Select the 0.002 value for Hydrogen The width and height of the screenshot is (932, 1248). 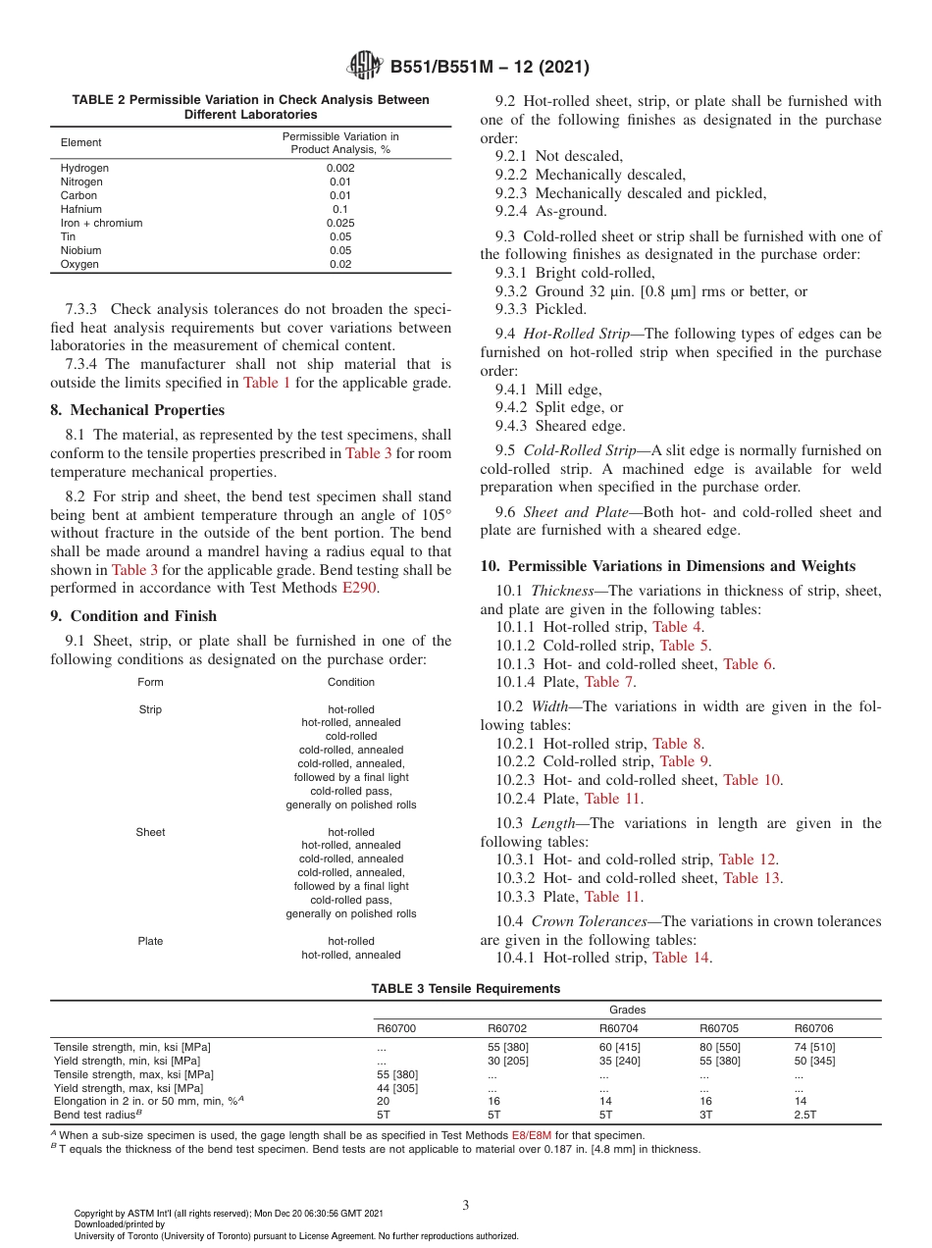[340, 168]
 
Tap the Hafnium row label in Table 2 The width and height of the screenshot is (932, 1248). [78, 209]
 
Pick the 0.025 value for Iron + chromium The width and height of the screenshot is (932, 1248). [340, 223]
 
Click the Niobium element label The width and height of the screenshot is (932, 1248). [80, 250]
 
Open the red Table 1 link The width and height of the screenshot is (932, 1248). [266, 383]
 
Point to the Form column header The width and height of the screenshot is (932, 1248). [150, 682]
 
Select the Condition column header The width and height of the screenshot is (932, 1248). [350, 682]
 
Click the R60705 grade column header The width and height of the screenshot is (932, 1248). [718, 1028]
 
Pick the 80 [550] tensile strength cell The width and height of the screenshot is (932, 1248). [719, 1047]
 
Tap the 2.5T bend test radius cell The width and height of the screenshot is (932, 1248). [804, 1115]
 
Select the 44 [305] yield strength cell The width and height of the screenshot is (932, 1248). [398, 1088]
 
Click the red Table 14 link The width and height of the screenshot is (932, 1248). [681, 958]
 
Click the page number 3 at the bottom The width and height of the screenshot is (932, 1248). [466, 1205]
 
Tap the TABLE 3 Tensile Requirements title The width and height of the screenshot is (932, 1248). [466, 988]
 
